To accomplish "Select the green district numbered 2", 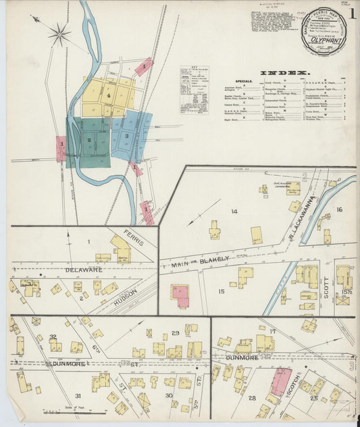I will point(88,140).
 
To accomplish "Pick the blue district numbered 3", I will point(127,136).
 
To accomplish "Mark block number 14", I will point(234,211).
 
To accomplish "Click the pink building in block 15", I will point(180,295).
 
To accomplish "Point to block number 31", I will point(78,395).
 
